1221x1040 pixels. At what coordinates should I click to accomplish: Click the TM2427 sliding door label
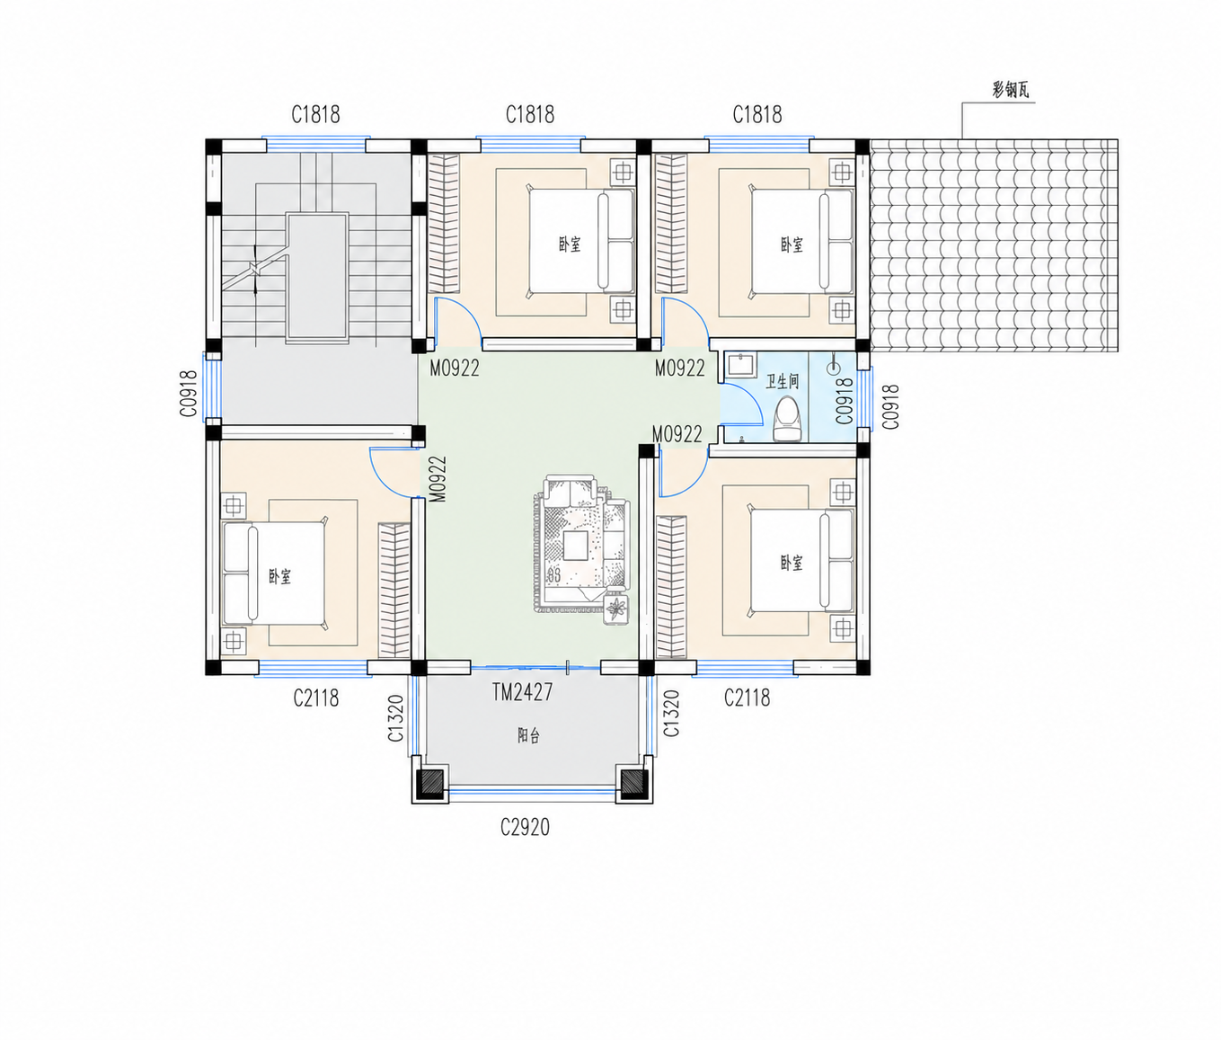(x=523, y=692)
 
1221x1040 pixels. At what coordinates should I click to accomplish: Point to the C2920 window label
(x=525, y=827)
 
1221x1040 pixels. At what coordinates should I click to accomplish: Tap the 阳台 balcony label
(x=528, y=735)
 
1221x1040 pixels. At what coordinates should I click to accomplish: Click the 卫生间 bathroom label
(x=782, y=382)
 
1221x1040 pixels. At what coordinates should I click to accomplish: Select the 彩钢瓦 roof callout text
(x=1010, y=91)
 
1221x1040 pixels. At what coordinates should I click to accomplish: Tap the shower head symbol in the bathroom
(x=834, y=365)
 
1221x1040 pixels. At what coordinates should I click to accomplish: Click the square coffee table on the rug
(x=575, y=545)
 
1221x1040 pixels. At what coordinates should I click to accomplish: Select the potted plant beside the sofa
(x=616, y=609)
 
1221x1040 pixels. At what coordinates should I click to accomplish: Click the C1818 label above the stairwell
(x=315, y=115)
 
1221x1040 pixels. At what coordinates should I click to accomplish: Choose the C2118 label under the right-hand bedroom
(x=748, y=698)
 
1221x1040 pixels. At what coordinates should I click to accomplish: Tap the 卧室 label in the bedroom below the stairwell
(x=280, y=577)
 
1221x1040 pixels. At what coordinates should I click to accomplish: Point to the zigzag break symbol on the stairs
(x=254, y=270)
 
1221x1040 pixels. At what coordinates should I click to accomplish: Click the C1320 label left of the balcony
(x=395, y=717)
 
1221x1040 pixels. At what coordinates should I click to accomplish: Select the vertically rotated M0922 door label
(x=438, y=479)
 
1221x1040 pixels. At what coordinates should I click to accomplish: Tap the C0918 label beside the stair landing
(x=189, y=394)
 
